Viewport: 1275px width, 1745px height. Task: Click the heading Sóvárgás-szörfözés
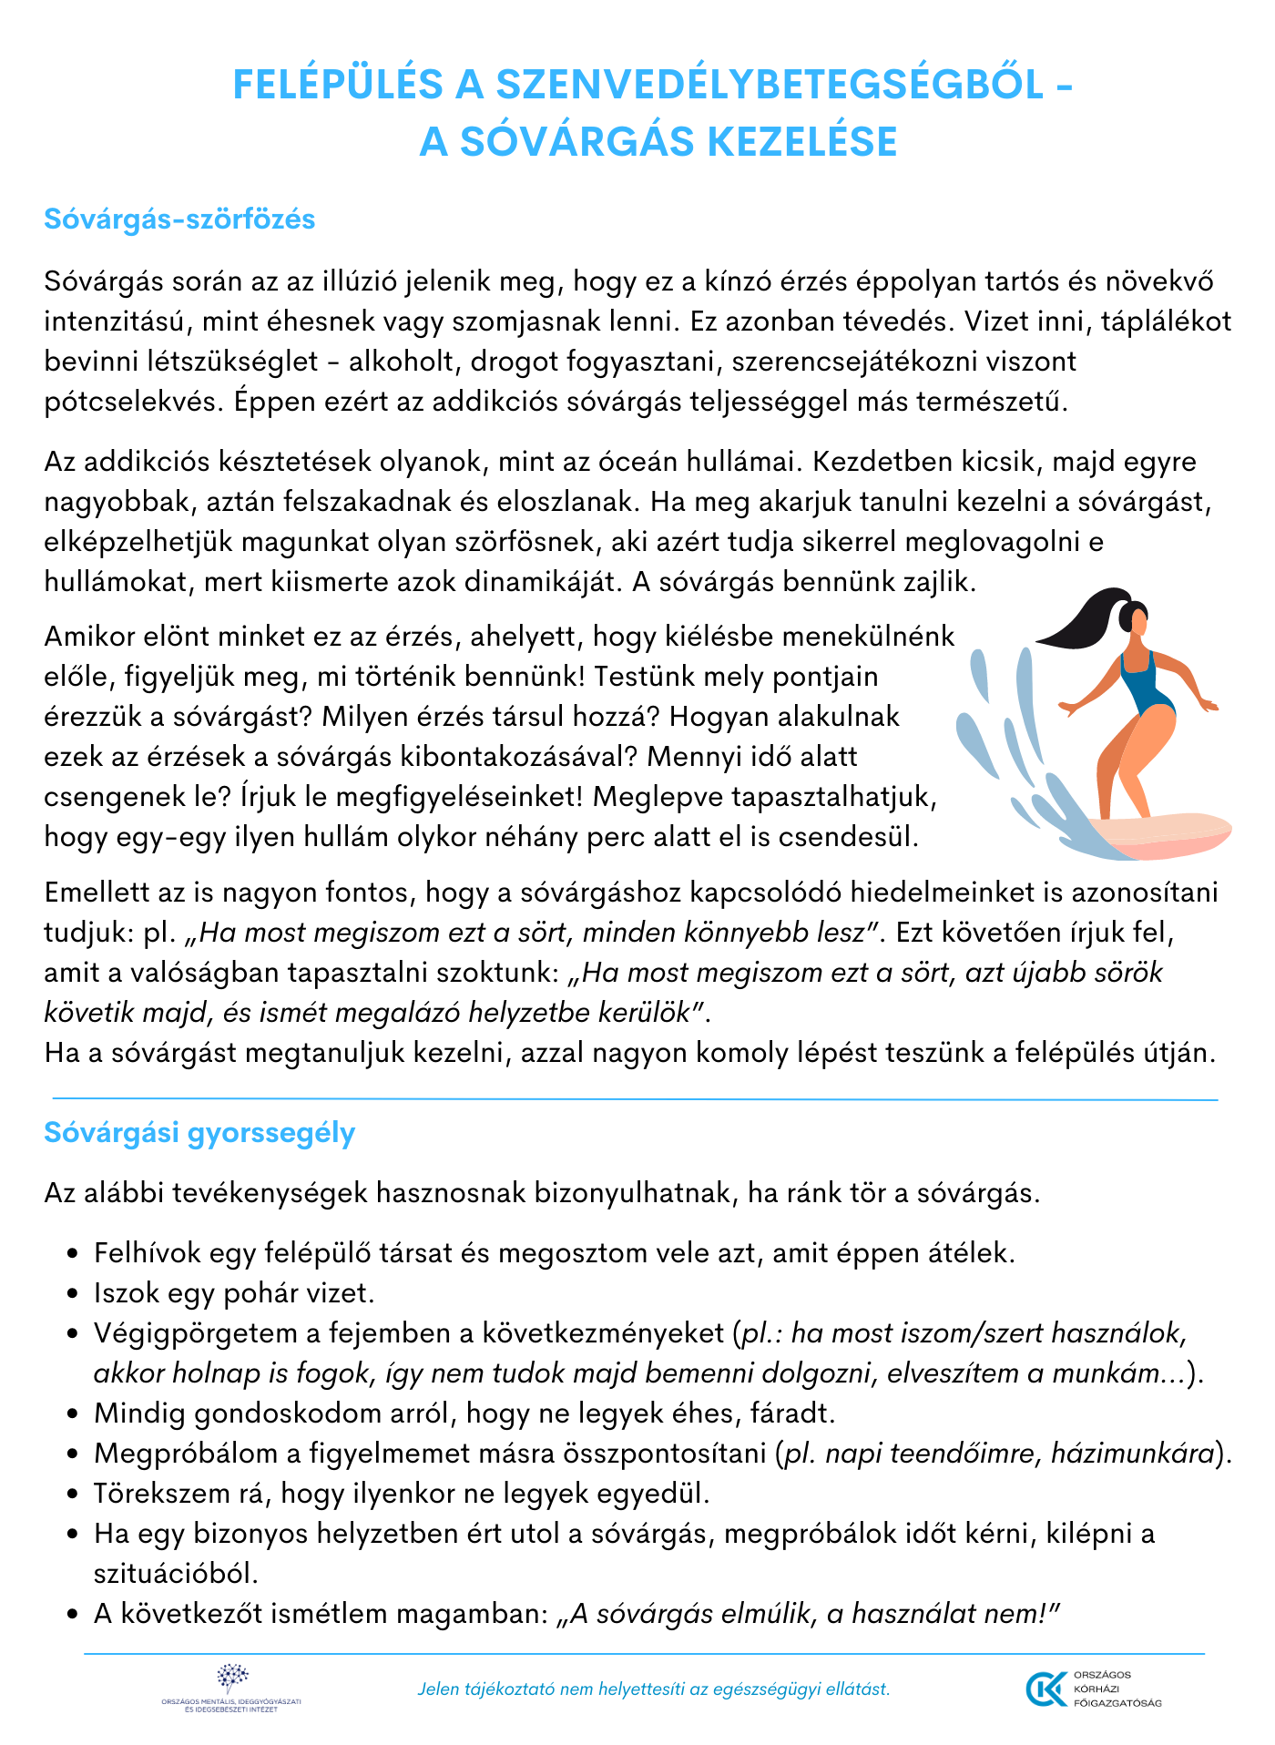pos(179,219)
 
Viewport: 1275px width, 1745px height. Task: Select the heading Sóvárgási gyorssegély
pos(199,1133)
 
